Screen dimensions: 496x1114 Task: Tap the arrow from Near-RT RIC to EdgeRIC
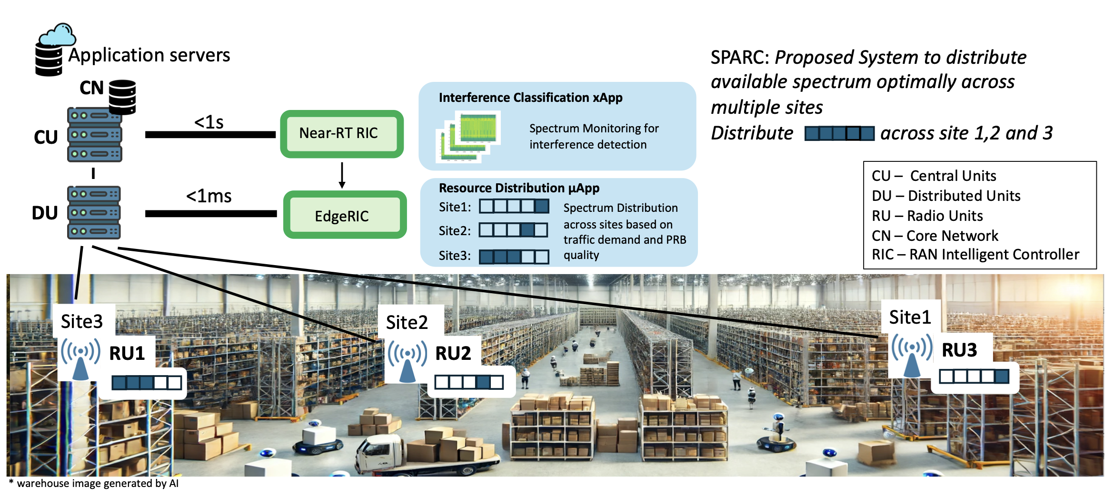click(342, 175)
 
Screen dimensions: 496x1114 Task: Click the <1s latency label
click(209, 122)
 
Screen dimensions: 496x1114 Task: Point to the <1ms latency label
click(209, 196)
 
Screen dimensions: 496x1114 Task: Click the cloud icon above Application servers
click(58, 35)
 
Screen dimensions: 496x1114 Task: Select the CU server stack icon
click(94, 135)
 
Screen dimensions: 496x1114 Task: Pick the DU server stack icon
click(94, 212)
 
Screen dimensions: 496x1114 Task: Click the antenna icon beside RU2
click(407, 361)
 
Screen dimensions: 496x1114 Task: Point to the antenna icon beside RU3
click(911, 355)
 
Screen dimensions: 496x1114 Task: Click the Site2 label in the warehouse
click(407, 322)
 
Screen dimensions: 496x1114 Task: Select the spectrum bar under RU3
click(974, 377)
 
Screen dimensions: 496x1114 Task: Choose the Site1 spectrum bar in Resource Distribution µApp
click(514, 206)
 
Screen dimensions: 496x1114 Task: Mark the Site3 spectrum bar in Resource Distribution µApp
click(514, 257)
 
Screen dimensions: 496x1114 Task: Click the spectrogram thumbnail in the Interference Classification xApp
click(468, 136)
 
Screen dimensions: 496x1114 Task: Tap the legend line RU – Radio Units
click(927, 216)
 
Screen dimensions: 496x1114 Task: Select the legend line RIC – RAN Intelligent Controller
click(975, 255)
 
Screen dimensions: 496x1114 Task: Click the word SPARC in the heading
click(739, 57)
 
